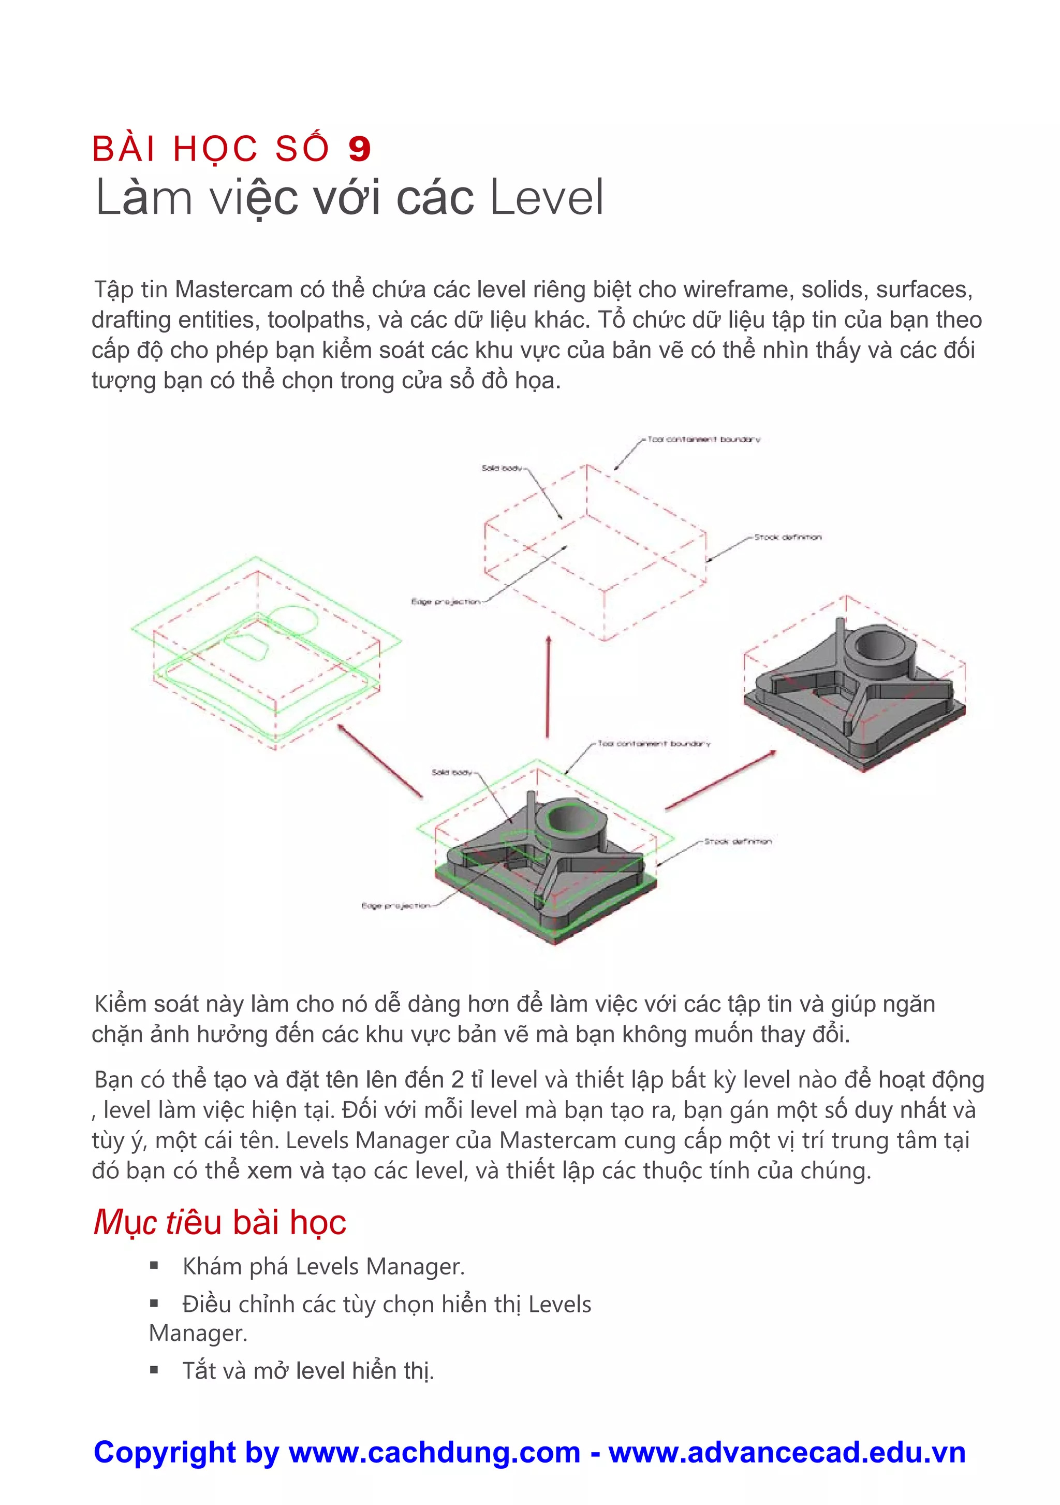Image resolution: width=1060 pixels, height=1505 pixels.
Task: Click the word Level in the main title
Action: (x=547, y=197)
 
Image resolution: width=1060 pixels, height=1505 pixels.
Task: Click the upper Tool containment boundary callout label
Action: (x=703, y=439)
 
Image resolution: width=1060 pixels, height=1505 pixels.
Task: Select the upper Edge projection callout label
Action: (x=446, y=601)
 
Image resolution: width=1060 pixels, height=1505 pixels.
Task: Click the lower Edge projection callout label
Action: (x=396, y=906)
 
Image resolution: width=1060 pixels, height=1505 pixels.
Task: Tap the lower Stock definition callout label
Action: (x=738, y=841)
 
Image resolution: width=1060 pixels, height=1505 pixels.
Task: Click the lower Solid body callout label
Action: (x=452, y=772)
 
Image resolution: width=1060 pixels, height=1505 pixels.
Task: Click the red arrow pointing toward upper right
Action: (x=720, y=780)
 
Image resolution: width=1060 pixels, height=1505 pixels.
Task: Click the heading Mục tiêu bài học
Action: (x=219, y=1222)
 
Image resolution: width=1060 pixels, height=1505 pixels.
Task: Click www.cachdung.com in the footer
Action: (x=434, y=1453)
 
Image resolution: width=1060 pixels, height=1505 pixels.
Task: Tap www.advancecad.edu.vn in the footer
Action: (x=787, y=1453)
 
